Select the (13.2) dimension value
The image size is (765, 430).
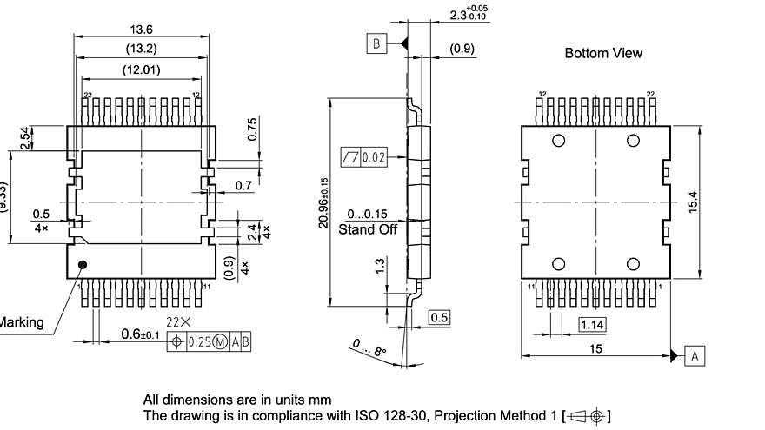pyautogui.click(x=141, y=48)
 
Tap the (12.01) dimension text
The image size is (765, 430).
pyautogui.click(x=141, y=69)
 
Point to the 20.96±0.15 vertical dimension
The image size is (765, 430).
pyautogui.click(x=323, y=203)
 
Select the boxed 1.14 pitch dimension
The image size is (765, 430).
pyautogui.click(x=592, y=325)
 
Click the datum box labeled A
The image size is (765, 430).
pyautogui.click(x=695, y=355)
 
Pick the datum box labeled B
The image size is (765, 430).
pyautogui.click(x=376, y=43)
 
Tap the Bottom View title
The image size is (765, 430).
pyautogui.click(x=603, y=53)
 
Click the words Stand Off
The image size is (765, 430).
pyautogui.click(x=368, y=229)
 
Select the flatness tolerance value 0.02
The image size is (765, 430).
pyautogui.click(x=374, y=157)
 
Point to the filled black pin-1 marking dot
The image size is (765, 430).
pyautogui.click(x=83, y=265)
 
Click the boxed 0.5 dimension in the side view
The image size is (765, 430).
pyautogui.click(x=440, y=318)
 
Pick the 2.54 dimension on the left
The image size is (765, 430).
pyautogui.click(x=25, y=137)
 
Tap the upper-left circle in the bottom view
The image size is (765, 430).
pyautogui.click(x=558, y=141)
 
